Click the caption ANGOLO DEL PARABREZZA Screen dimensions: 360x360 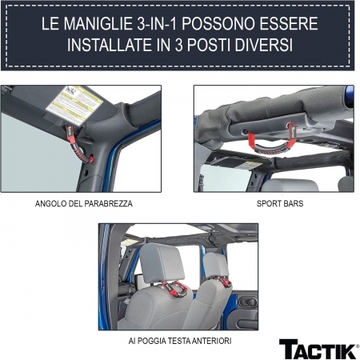[x=84, y=203]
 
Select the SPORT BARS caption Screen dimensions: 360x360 [x=274, y=203]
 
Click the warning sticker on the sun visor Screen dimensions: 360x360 [x=74, y=102]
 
